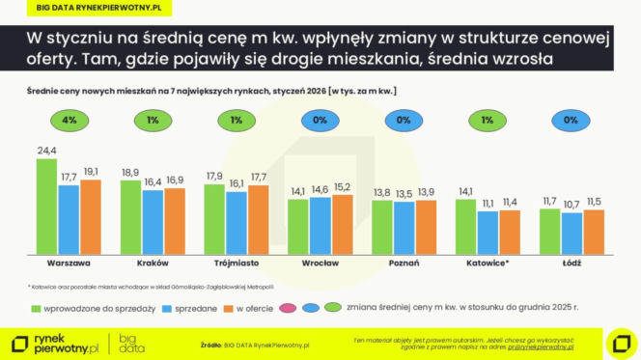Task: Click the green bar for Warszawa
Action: pyautogui.click(x=46, y=207)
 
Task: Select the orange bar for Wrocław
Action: pyautogui.click(x=342, y=224)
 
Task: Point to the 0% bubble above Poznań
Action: pyautogui.click(x=404, y=122)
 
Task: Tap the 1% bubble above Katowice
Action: pyautogui.click(x=488, y=122)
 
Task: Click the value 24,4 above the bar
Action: pyautogui.click(x=46, y=152)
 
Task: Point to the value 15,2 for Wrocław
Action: pyautogui.click(x=342, y=187)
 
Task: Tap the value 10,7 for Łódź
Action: pyautogui.click(x=571, y=205)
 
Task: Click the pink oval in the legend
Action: pyautogui.click(x=286, y=308)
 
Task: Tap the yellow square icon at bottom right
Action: pyautogui.click(x=617, y=342)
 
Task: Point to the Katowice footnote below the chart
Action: pyautogui.click(x=150, y=287)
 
